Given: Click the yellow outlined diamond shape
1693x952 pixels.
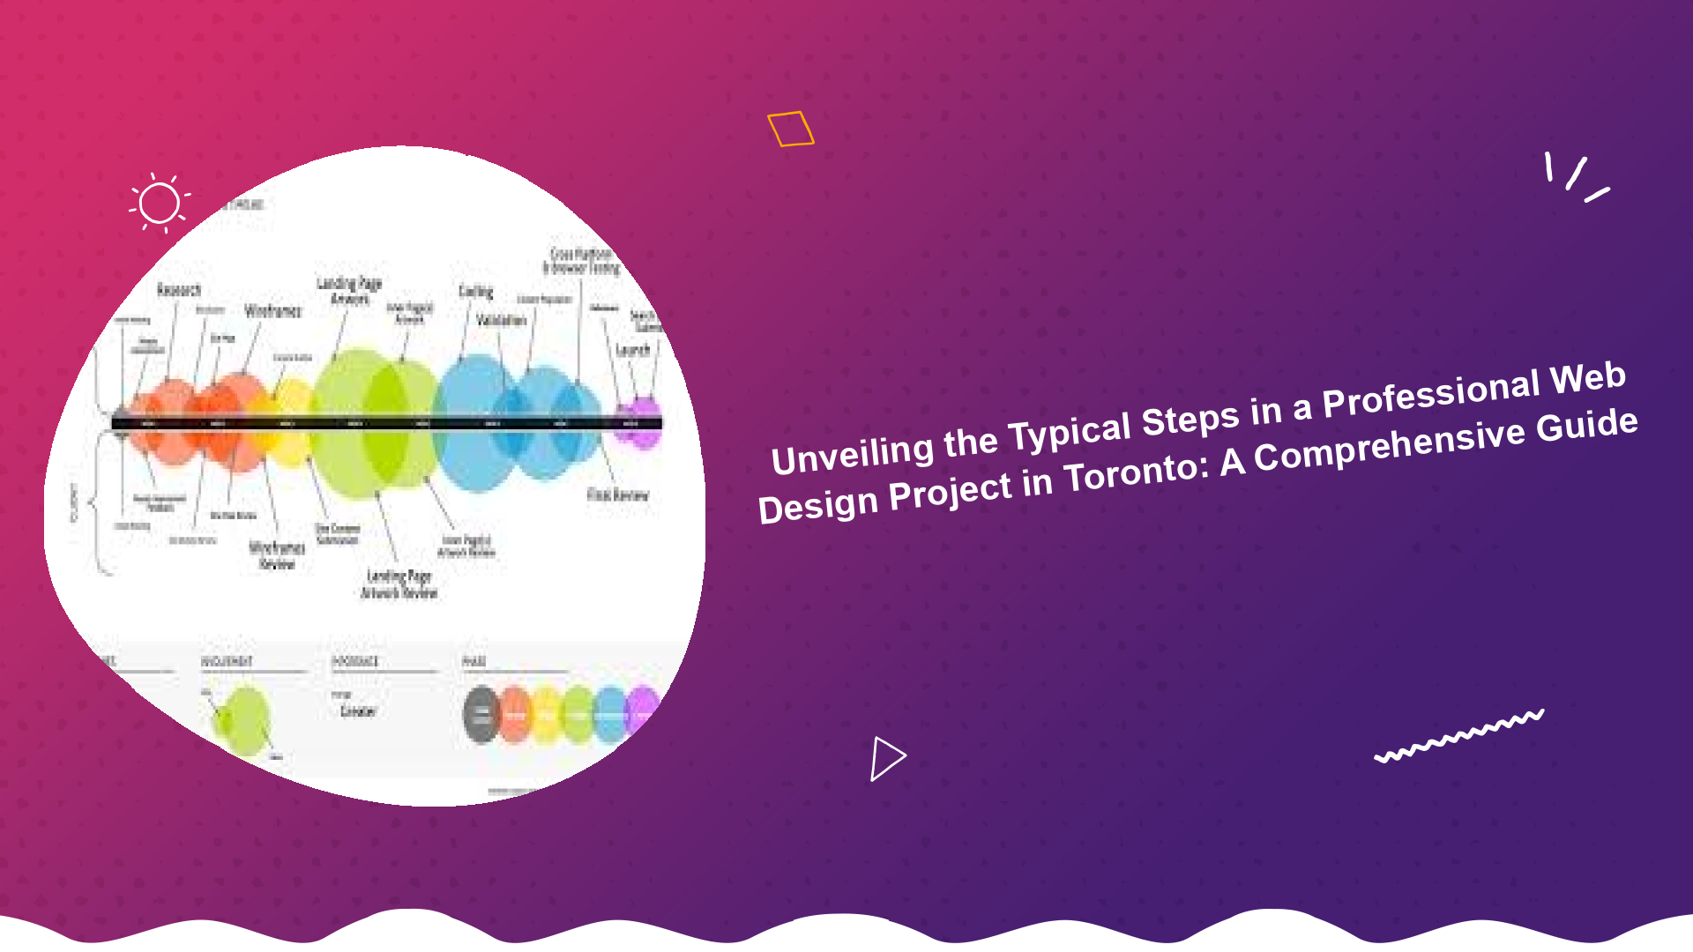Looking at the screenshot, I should point(790,129).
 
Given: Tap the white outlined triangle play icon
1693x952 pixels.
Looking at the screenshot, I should point(886,758).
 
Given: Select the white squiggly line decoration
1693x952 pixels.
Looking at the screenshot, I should point(1459,735).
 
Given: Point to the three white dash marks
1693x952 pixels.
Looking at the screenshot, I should point(1576,177).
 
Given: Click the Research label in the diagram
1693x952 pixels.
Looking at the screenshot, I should point(179,290).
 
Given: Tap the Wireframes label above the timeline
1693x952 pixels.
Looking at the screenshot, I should point(272,310).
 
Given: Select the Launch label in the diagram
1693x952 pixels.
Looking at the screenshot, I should point(632,350).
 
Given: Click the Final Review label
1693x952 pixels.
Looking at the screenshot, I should point(617,495).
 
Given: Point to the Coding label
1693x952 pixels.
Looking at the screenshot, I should point(475,291).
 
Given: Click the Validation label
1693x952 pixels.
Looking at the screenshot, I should point(501,320).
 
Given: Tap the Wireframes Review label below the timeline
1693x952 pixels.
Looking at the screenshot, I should point(277,555).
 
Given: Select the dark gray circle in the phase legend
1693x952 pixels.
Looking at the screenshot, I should point(481,715).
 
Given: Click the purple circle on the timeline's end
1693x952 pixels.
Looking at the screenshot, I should point(644,421).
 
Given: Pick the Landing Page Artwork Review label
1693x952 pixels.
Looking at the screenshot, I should point(399,584).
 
